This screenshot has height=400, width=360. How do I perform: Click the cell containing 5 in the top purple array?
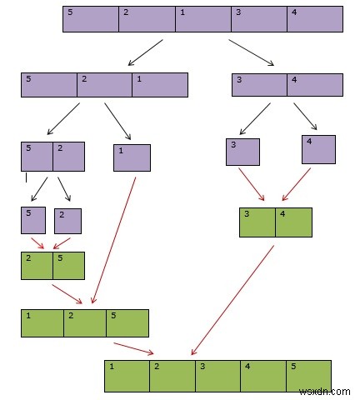[91, 19]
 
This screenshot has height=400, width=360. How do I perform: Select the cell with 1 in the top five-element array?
[202, 19]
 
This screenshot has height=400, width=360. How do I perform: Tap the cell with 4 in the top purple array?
[314, 19]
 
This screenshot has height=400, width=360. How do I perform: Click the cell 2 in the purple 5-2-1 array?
[104, 85]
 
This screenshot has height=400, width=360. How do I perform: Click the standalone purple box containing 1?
[132, 157]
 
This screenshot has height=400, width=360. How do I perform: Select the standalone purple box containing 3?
[242, 152]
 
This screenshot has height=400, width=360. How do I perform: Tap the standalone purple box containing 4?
[318, 149]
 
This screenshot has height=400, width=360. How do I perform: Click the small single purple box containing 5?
[33, 220]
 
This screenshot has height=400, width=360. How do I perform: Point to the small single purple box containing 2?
[67, 221]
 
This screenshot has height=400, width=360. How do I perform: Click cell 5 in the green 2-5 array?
[68, 265]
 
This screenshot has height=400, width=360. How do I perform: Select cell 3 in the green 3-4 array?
[257, 222]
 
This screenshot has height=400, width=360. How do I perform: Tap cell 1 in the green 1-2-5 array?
[42, 322]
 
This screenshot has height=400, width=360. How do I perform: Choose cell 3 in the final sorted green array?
[217, 376]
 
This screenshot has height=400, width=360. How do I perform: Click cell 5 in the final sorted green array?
[308, 376]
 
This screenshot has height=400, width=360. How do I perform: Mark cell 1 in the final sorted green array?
[127, 376]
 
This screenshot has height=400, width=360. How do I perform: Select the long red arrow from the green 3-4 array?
[233, 300]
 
